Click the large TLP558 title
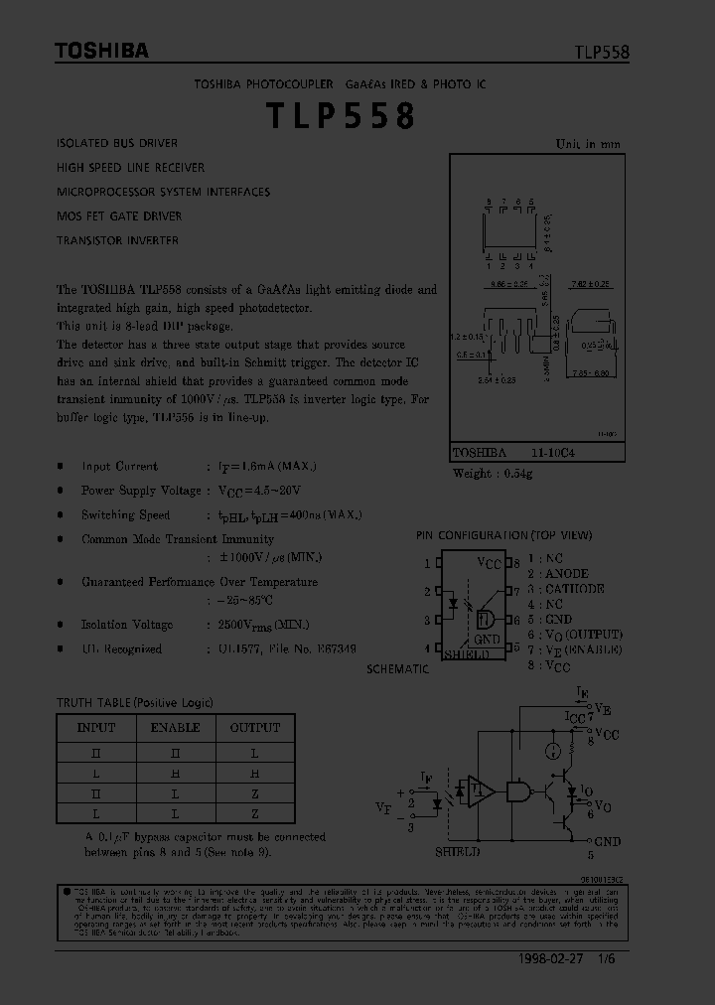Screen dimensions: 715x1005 [340, 116]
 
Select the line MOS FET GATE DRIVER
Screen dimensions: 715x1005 [119, 215]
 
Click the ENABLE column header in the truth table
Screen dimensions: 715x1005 [175, 727]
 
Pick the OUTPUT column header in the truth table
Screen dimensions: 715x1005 [255, 727]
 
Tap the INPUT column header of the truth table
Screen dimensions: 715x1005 [96, 727]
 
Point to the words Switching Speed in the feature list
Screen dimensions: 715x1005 [125, 514]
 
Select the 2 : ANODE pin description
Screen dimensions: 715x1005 [559, 574]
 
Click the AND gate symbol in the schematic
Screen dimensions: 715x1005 [518, 790]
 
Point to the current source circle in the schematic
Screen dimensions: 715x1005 [554, 752]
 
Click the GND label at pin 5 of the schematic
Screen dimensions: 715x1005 [607, 841]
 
